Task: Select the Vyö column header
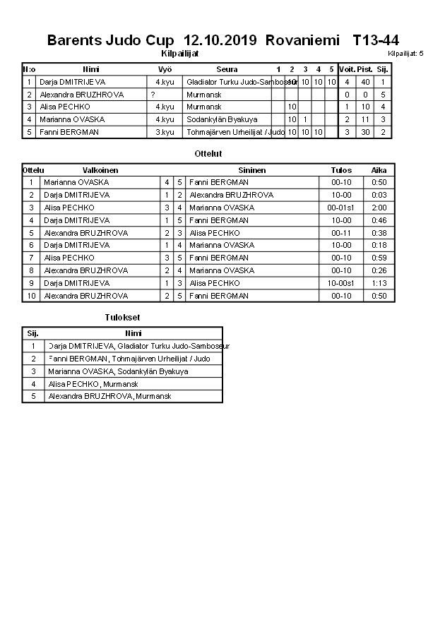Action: [x=165, y=69]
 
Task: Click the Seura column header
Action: [x=227, y=69]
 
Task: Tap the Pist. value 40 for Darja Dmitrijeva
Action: [x=365, y=82]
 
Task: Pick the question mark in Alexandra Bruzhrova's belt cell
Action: [x=153, y=95]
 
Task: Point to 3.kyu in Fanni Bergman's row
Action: [x=165, y=132]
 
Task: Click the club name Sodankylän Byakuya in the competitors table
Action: [x=222, y=119]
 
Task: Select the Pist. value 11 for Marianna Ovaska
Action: [x=365, y=119]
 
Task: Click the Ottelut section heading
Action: [x=208, y=153]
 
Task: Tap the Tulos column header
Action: [x=341, y=170]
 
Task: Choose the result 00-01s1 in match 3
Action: [x=341, y=208]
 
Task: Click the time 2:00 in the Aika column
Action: [x=379, y=208]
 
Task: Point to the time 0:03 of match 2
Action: [x=379, y=195]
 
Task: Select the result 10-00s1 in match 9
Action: [x=341, y=283]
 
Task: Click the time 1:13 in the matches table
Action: [x=379, y=283]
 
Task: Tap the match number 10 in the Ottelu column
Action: [x=31, y=296]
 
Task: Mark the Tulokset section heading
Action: [x=122, y=318]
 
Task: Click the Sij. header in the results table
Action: [x=32, y=333]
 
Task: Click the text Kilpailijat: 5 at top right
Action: [x=405, y=54]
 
